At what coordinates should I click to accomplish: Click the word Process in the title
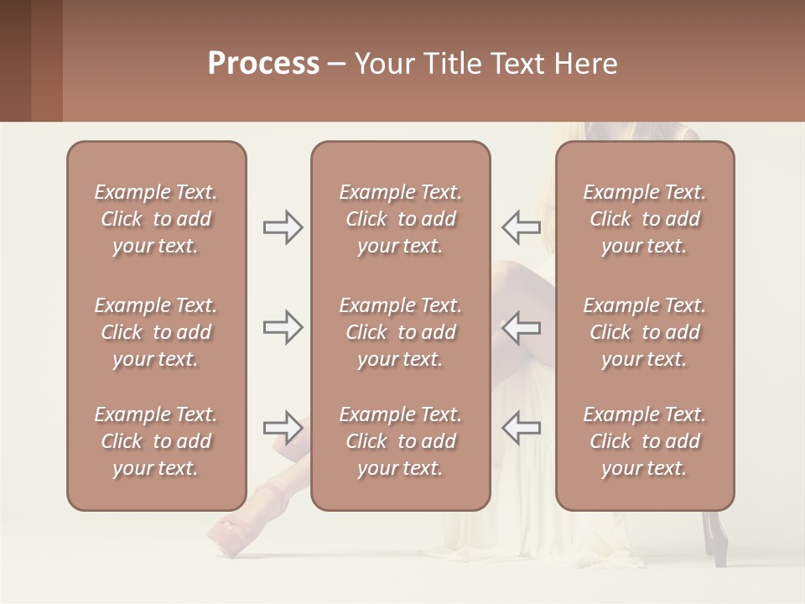tap(263, 64)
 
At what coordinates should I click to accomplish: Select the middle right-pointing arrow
tap(283, 327)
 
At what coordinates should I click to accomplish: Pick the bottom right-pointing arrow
tap(283, 427)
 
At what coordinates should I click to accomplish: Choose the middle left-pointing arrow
tap(521, 327)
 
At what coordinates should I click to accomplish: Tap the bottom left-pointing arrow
tap(521, 427)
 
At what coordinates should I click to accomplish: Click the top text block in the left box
tap(156, 219)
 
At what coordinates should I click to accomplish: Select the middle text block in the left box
tap(156, 332)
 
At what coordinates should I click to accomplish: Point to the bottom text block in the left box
tap(156, 441)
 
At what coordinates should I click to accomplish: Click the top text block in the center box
tap(401, 219)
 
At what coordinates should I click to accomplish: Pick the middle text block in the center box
tap(401, 332)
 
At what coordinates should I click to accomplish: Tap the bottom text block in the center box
tap(401, 441)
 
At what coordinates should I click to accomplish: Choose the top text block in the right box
tap(645, 219)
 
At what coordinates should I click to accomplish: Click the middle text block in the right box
tap(645, 332)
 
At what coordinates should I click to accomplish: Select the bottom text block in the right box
tap(645, 441)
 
